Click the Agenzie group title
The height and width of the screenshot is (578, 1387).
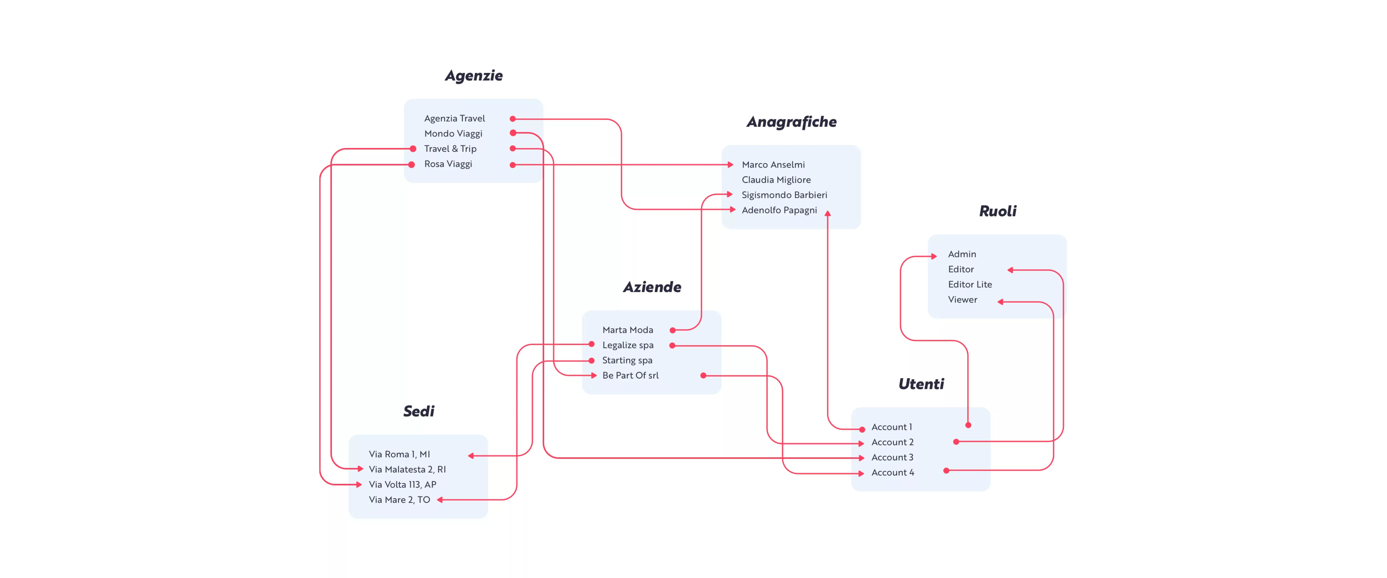[x=473, y=75]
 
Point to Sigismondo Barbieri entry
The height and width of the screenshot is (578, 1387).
[x=784, y=195]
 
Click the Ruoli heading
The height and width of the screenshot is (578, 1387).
[x=997, y=211]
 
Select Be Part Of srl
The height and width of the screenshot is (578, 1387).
[x=630, y=375]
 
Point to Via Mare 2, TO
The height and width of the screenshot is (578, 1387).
[x=399, y=500]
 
